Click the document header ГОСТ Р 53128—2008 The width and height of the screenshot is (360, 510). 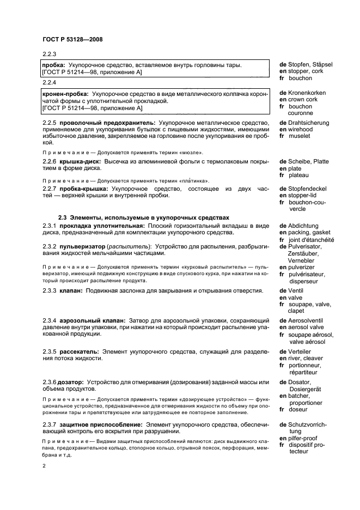(x=72, y=39)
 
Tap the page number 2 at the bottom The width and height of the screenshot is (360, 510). (x=44, y=466)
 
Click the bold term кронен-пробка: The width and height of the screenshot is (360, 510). (x=66, y=94)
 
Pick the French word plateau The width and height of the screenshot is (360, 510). (x=301, y=175)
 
